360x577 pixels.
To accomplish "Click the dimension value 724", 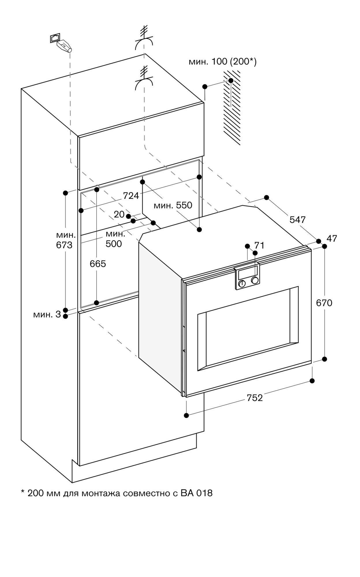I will [x=131, y=196].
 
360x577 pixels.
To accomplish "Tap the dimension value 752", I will [x=255, y=398].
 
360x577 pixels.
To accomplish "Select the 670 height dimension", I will [x=324, y=303].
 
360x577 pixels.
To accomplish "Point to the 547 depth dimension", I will [x=297, y=220].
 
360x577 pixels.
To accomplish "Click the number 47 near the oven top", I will [x=332, y=239].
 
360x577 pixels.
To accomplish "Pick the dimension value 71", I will [x=259, y=246].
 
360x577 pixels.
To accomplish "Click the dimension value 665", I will [x=98, y=263].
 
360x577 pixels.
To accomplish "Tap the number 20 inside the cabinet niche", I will [x=119, y=214].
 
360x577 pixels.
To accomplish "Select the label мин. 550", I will [x=173, y=205].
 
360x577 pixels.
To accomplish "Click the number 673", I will [x=64, y=245].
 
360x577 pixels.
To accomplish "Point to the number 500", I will [x=113, y=244].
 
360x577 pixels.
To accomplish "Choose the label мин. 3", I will [x=47, y=314].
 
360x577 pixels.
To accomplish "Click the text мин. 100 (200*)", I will [x=223, y=61].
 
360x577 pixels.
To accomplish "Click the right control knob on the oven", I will [x=255, y=280].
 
